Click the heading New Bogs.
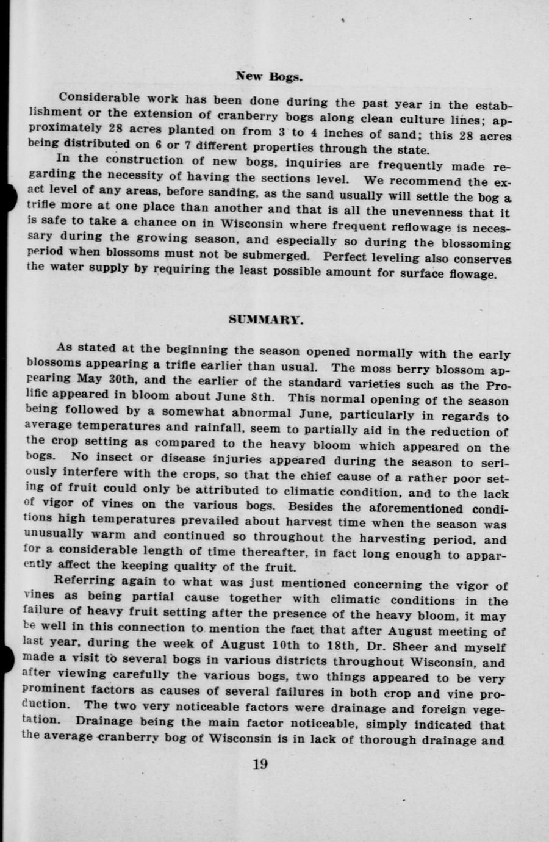pyautogui.click(x=269, y=77)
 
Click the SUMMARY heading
pyautogui.click(x=266, y=319)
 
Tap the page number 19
pyautogui.click(x=259, y=764)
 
